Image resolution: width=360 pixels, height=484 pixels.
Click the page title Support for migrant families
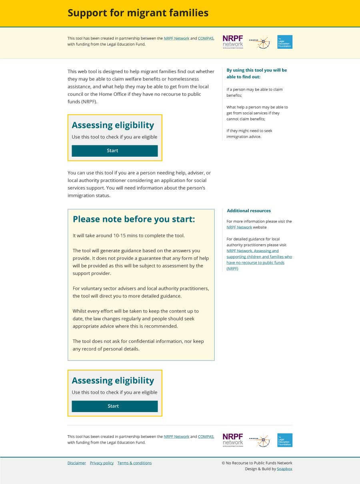[x=138, y=13]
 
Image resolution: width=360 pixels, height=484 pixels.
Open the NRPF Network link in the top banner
[x=176, y=38]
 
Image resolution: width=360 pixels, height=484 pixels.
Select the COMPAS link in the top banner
[x=206, y=38]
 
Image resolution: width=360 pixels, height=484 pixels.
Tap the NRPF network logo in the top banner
[x=233, y=42]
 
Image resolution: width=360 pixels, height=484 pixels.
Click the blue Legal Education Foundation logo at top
[x=285, y=42]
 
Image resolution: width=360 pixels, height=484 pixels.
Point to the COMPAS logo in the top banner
[x=259, y=42]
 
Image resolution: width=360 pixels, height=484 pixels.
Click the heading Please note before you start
[x=134, y=219]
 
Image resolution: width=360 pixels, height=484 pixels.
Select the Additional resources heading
[x=249, y=211]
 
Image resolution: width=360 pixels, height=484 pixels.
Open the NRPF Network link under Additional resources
[x=239, y=227]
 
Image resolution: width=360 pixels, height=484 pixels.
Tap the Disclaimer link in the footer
[x=76, y=463]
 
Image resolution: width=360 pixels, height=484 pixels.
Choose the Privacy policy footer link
[x=102, y=463]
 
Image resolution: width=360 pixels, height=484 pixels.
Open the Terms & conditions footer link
[x=134, y=463]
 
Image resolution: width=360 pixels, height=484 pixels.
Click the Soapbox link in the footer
[x=284, y=469]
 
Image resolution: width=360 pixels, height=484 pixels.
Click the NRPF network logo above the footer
[x=233, y=440]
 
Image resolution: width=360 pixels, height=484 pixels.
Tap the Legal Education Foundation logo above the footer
[x=285, y=440]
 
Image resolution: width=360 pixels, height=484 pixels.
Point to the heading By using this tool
[x=256, y=73]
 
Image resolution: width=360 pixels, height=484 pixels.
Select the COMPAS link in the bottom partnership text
[x=206, y=436]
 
